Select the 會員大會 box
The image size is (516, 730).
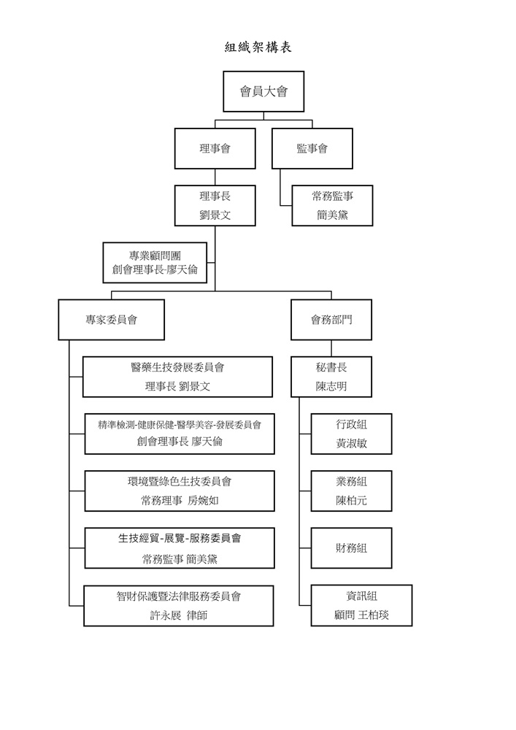point(263,91)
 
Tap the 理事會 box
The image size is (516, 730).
point(215,149)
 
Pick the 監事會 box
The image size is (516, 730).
point(312,149)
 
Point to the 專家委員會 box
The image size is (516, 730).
point(111,320)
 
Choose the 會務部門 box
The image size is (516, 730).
point(331,320)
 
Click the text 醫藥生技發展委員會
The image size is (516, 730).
point(177,367)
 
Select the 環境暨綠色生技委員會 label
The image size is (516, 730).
point(179,481)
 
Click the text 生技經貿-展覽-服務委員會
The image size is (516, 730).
point(180,539)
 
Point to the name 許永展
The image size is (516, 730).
point(165,615)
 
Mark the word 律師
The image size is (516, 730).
point(197,615)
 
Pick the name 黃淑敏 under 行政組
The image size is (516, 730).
point(351,443)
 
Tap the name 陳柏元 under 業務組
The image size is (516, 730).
point(351,501)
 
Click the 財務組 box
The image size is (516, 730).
point(351,547)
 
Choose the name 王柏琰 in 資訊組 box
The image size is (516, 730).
point(373,615)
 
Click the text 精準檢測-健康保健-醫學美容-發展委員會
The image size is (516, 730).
point(180,424)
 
